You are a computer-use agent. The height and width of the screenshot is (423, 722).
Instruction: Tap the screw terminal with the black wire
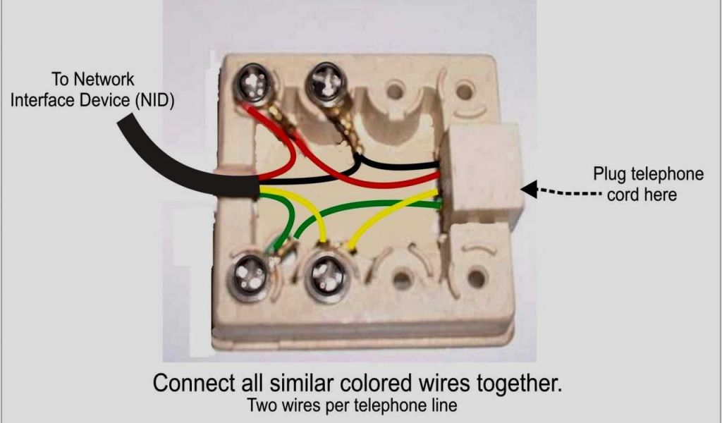click(327, 83)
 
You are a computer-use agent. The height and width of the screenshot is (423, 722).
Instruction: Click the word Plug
click(608, 174)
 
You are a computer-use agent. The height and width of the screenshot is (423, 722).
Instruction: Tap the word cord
click(623, 194)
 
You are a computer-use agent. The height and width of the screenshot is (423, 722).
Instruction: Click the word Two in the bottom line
click(260, 407)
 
